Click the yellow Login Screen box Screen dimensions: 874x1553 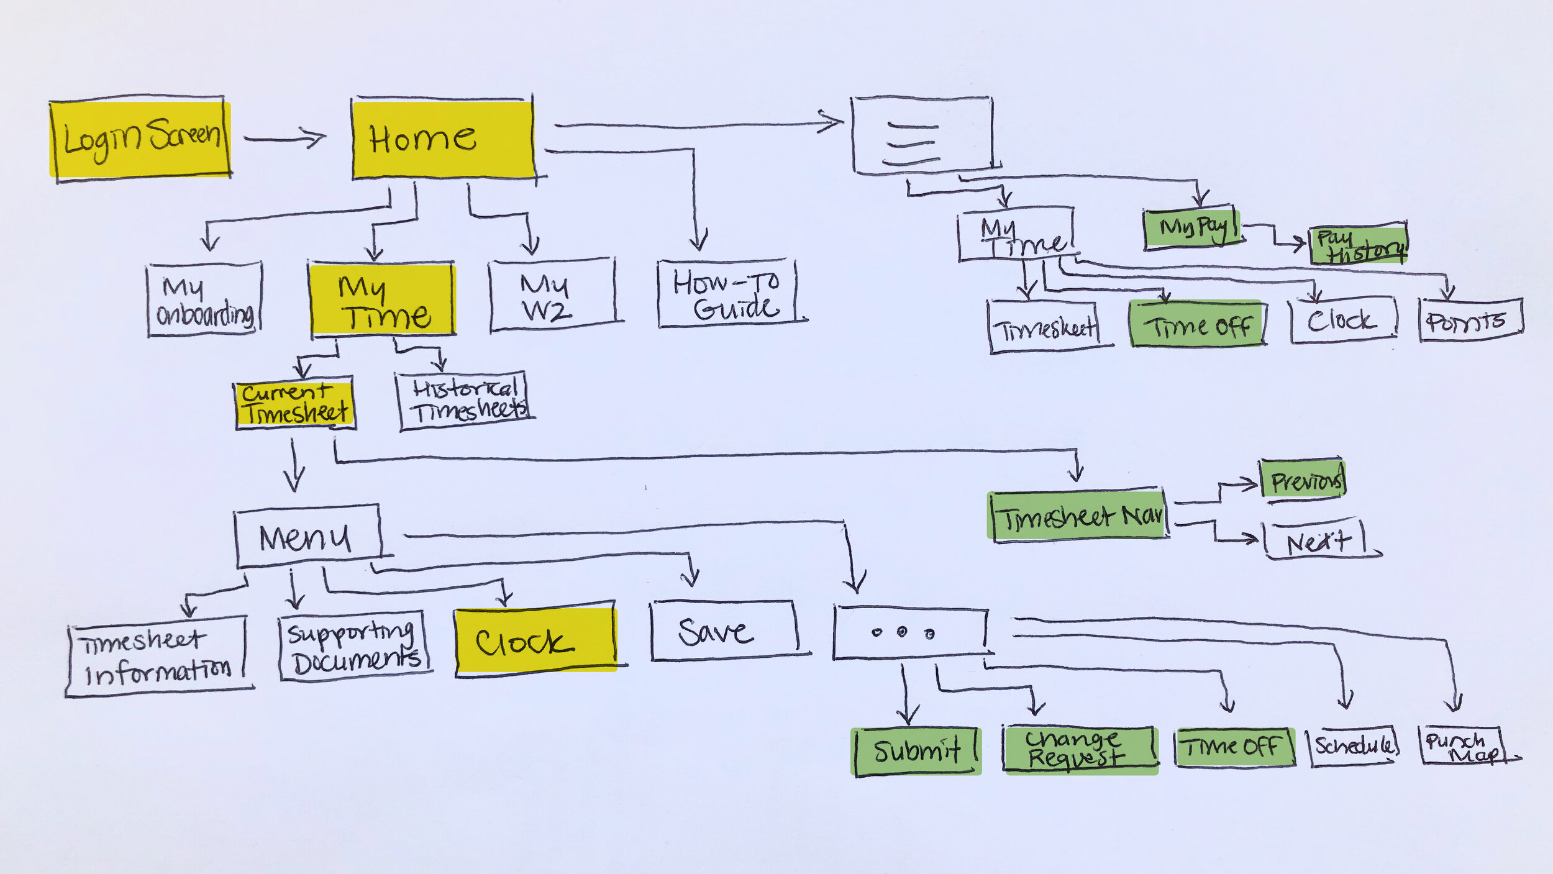click(141, 139)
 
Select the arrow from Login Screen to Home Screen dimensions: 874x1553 click(285, 137)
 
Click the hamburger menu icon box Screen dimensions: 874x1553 click(922, 135)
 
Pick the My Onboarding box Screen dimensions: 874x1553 click(204, 299)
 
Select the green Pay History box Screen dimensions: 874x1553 click(1359, 244)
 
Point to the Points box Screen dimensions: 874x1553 click(1470, 320)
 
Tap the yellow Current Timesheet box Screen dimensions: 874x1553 click(295, 404)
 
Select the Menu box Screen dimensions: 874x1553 click(307, 536)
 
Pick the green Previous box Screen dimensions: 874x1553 click(1303, 479)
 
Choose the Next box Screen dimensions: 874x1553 click(1316, 540)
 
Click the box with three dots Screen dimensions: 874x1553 click(910, 633)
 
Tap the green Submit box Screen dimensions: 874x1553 click(916, 751)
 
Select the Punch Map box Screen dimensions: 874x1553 click(1462, 745)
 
